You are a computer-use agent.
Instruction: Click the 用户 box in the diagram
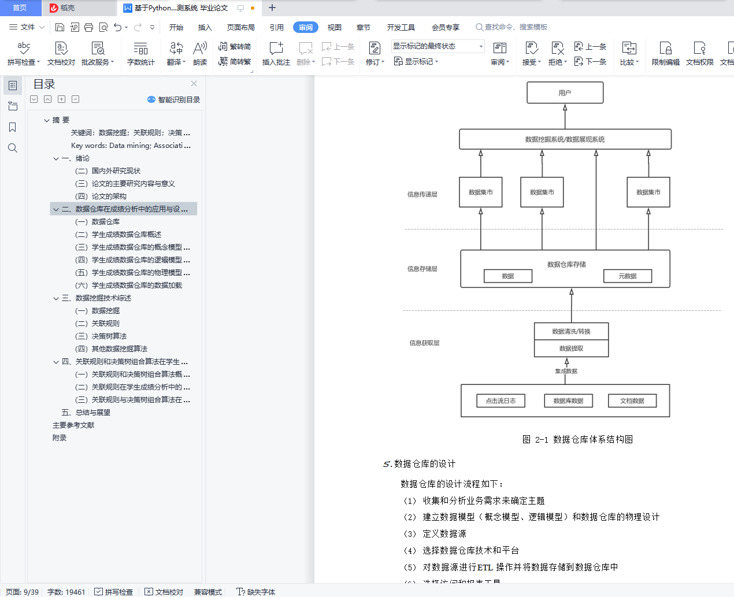point(565,92)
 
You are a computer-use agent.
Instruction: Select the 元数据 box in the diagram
point(627,276)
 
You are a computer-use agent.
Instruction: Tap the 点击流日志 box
point(501,401)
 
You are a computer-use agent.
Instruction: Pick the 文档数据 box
point(632,401)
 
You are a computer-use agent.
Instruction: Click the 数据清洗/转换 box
point(571,331)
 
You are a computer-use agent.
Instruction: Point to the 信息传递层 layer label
point(422,194)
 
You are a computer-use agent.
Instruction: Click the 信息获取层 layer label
point(424,343)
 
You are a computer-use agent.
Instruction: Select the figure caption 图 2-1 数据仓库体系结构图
point(577,439)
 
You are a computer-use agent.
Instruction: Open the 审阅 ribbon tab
point(305,27)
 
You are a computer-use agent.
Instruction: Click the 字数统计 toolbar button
point(140,53)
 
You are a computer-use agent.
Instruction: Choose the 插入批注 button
point(276,53)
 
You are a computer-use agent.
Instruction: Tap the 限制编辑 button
point(665,53)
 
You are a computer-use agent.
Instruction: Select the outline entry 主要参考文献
point(73,425)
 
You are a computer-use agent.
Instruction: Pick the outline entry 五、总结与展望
point(86,413)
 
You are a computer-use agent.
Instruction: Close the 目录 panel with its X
point(194,84)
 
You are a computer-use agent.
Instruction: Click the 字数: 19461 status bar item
point(66,592)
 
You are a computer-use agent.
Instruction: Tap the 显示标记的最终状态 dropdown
point(438,46)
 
